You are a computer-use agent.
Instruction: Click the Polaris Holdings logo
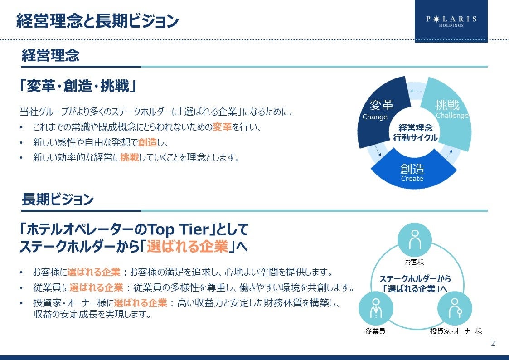pos(451,21)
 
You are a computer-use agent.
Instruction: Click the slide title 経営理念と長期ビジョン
pos(97,21)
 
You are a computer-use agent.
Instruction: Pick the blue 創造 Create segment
pos(412,172)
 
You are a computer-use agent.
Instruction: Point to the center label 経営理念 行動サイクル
pos(415,133)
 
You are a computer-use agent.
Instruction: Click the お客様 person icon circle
pos(415,240)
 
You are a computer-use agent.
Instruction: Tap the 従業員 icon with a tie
pos(375,309)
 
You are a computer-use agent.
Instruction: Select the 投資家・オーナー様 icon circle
pos(455,309)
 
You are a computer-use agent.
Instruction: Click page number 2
pos(493,344)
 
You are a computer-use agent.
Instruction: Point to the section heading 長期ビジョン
pos(58,199)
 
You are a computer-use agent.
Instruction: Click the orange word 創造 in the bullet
pos(148,142)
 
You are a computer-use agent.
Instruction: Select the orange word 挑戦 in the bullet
pos(130,158)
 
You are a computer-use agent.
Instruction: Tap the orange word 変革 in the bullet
pos(222,127)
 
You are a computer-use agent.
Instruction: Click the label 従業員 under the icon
pos(375,331)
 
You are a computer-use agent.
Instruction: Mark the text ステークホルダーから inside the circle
pos(415,279)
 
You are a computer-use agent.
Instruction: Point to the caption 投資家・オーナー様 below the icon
pos(456,331)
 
